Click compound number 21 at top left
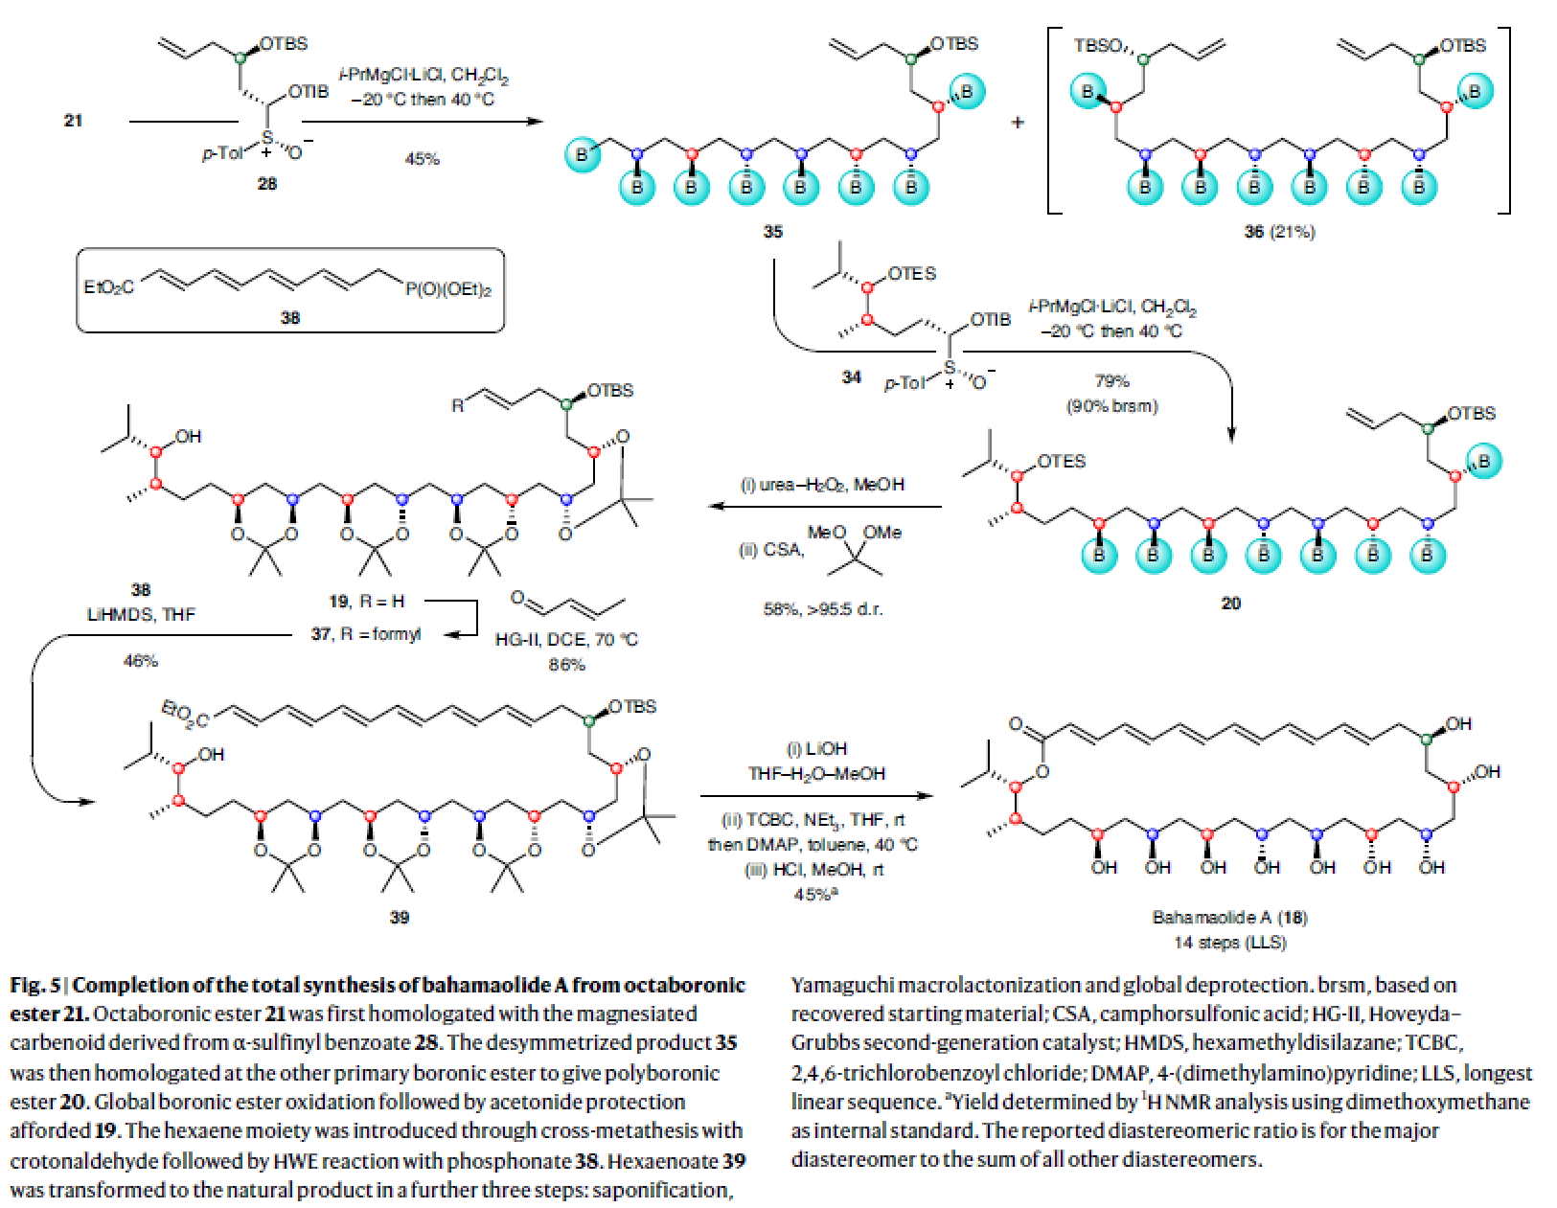click(73, 120)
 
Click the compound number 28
click(266, 183)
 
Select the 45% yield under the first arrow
click(422, 159)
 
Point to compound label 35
click(772, 231)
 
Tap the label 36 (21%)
click(1279, 231)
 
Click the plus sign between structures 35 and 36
click(1018, 123)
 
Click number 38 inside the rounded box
click(289, 317)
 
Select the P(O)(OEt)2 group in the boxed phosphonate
click(448, 288)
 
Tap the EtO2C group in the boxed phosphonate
click(109, 287)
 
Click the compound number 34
click(851, 377)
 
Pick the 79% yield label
click(1111, 380)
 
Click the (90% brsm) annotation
click(1111, 405)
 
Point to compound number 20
click(1230, 603)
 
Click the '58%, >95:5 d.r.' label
click(822, 609)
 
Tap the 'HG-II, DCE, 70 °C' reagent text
click(565, 639)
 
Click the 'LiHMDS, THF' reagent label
click(141, 614)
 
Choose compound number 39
click(399, 917)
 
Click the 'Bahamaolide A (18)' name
click(1229, 917)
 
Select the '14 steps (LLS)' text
click(1229, 943)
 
